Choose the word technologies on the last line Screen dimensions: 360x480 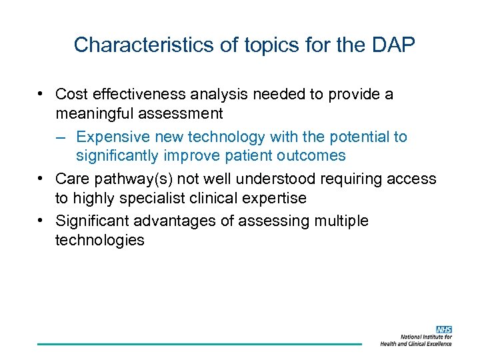click(100, 240)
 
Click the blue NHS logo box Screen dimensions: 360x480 click(443, 329)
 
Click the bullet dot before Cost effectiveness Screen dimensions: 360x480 click(41, 95)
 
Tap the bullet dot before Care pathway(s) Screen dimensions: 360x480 click(41, 179)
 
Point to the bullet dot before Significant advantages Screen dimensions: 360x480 click(41, 221)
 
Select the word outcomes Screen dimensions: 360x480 click(313, 156)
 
